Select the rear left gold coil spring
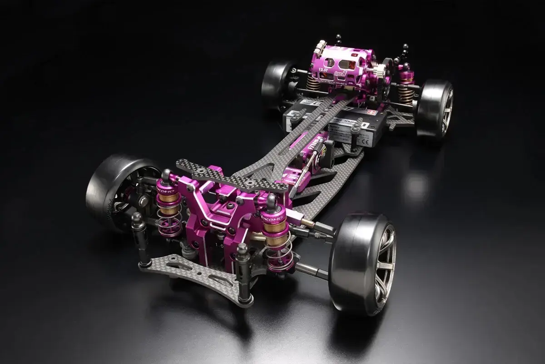313,82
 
